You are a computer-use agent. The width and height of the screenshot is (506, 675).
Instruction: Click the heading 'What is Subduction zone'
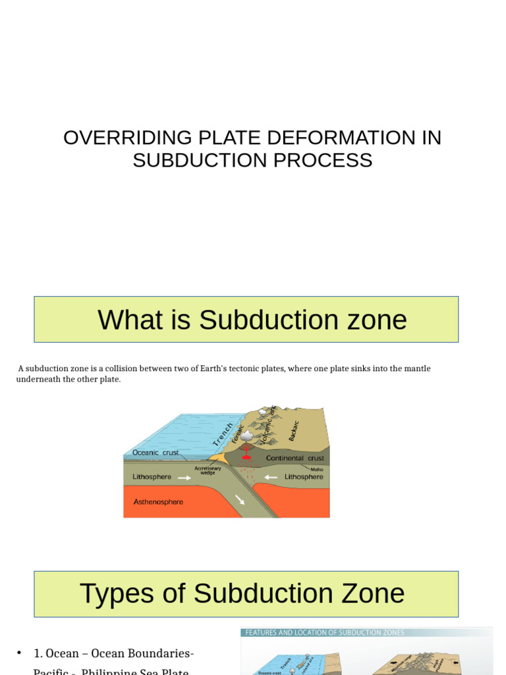(252, 320)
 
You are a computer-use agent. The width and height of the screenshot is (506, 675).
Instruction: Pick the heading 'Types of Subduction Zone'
(242, 593)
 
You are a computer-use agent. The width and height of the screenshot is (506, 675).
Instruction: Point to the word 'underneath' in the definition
(38, 380)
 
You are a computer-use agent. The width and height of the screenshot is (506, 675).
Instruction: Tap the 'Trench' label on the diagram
(223, 434)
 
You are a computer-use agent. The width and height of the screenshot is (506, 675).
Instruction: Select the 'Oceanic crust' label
(155, 453)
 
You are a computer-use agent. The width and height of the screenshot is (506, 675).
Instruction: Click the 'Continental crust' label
(295, 458)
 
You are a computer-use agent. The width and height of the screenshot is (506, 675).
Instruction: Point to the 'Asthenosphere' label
(158, 502)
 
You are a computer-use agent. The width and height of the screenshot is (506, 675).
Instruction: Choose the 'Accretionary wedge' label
(208, 471)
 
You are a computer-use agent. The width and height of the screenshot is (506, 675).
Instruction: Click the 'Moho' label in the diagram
(317, 469)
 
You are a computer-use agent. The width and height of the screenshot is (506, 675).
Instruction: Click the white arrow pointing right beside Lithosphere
(184, 478)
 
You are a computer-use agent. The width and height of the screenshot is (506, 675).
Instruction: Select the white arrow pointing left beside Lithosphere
(269, 477)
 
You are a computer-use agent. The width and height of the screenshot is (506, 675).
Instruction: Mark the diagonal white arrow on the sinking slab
(240, 500)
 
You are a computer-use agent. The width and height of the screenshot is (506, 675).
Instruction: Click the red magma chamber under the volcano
(247, 456)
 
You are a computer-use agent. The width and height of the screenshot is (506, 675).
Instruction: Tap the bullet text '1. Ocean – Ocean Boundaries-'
(113, 653)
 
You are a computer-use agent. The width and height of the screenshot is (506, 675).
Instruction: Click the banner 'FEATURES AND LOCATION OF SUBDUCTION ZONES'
(324, 633)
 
